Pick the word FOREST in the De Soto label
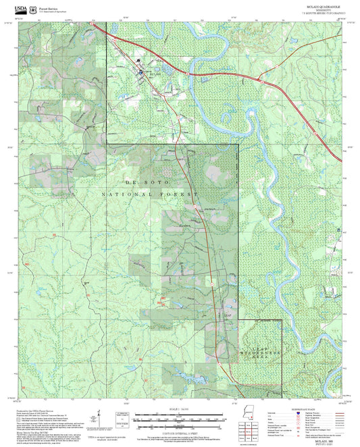(181, 194)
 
